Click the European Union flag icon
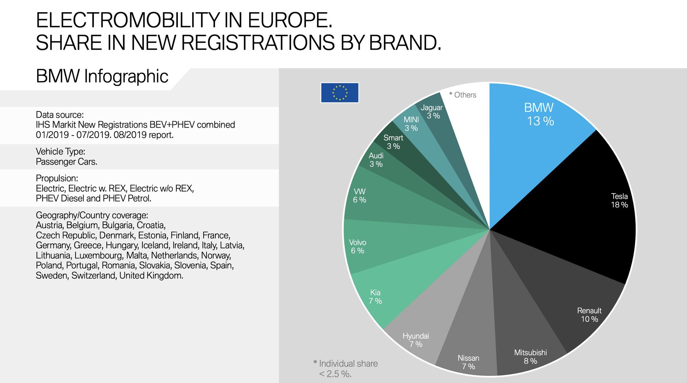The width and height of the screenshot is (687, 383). [x=340, y=93]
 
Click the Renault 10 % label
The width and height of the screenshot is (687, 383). [x=589, y=315]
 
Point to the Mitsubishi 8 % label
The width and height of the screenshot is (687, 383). [x=530, y=357]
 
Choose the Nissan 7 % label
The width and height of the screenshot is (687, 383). [x=468, y=362]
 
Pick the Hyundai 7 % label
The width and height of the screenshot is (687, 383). [x=416, y=340]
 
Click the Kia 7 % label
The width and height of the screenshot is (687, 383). [x=375, y=297]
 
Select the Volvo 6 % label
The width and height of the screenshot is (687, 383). [x=357, y=246]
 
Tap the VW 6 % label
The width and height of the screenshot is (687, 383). [x=360, y=196]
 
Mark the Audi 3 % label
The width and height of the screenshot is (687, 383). [x=376, y=160]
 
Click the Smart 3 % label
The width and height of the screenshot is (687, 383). [x=393, y=142]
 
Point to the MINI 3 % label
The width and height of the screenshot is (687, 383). [x=411, y=124]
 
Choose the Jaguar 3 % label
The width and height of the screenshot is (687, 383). [x=432, y=111]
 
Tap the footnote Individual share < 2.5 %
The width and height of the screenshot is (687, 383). [x=346, y=369]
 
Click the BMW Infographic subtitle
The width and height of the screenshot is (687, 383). [x=102, y=76]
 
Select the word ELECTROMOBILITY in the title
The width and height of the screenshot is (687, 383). [x=127, y=20]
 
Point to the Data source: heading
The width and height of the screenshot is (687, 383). [x=60, y=115]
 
